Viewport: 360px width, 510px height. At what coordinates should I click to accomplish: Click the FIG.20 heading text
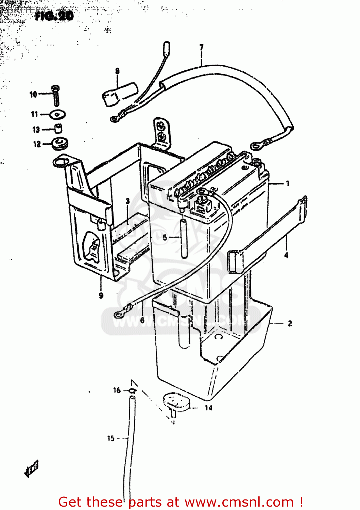coord(54,16)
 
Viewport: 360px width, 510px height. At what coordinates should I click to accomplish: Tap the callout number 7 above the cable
coord(202,48)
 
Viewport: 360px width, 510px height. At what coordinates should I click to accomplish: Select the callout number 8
coord(117,71)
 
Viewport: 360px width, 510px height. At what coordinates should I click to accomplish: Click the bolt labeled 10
coord(56,95)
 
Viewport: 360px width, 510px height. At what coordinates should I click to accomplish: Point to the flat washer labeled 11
coord(58,115)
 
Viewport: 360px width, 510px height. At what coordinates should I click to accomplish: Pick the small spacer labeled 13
coord(58,129)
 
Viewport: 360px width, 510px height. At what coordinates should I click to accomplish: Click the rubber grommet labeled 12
coord(60,143)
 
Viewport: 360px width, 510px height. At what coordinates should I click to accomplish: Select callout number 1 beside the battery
coord(288,184)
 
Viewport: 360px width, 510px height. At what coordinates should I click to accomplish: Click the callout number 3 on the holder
coord(128,201)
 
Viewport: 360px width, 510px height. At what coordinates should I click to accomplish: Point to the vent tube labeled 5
coord(184,238)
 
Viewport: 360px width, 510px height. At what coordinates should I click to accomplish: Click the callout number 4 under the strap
coord(286,255)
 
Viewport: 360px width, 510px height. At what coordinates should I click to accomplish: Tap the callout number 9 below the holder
coord(101,295)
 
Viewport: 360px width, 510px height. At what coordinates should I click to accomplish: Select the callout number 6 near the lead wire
coord(142,320)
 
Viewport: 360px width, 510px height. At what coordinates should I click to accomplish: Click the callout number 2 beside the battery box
coord(290,323)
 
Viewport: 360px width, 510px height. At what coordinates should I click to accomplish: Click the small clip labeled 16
coord(133,391)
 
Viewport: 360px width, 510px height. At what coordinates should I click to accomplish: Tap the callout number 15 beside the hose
coord(111,438)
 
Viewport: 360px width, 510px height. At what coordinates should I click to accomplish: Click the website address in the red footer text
coord(239,502)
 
